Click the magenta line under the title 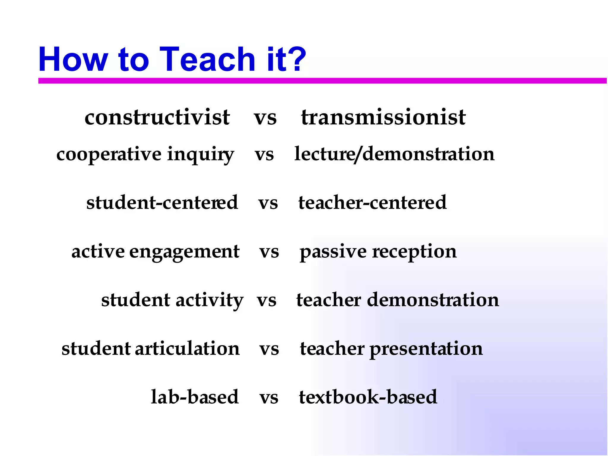322,81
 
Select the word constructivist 157,117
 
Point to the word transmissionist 383,117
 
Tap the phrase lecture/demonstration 394,154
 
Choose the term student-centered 162,202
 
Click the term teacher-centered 372,202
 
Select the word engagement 184,252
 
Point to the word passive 333,252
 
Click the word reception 414,252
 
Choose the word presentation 426,349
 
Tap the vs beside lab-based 269,398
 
